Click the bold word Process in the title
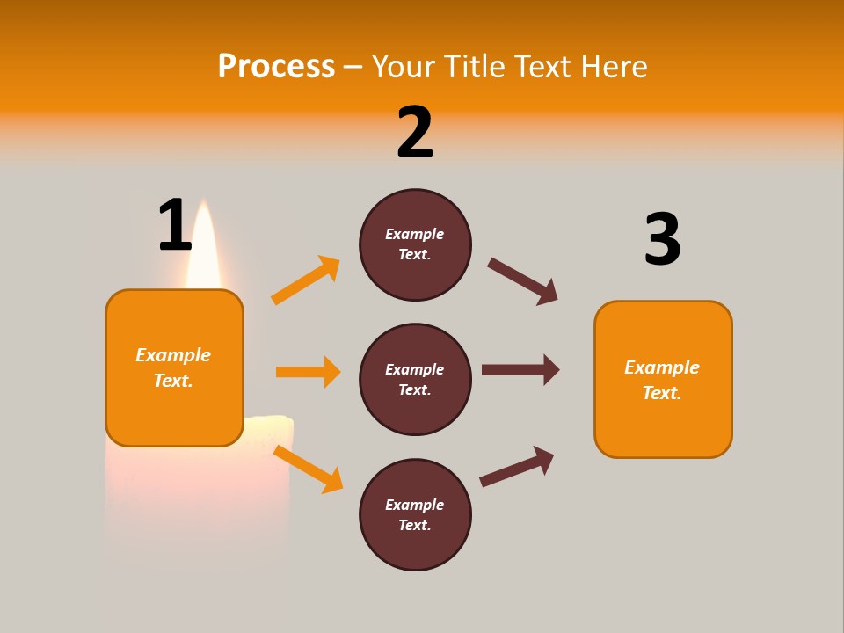pos(276,66)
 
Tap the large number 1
pos(175,225)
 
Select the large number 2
pos(415,132)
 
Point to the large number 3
pos(662,239)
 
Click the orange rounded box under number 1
pos(174,367)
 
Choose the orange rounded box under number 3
pos(663,380)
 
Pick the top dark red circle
pos(415,244)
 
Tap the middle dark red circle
pos(415,380)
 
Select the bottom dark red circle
pos(415,515)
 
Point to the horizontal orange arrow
pos(308,372)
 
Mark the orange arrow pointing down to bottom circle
pos(308,469)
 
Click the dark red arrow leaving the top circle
pos(523,281)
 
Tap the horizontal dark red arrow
pos(520,369)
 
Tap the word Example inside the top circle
pos(415,234)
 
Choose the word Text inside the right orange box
pos(660,393)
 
